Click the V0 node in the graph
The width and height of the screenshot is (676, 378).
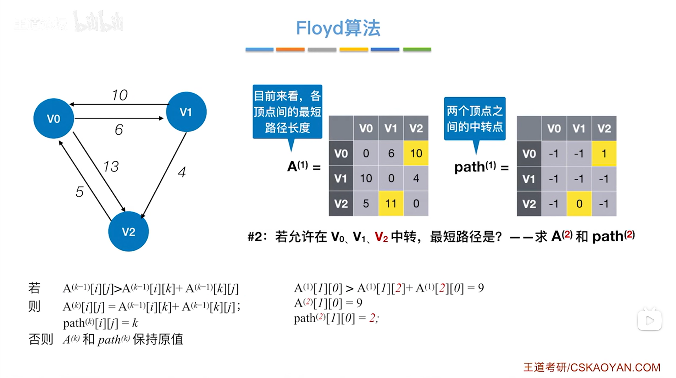[54, 119]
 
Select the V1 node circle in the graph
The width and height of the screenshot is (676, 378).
[186, 112]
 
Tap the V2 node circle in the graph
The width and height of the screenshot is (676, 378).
[128, 232]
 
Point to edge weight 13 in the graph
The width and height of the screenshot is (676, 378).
[111, 166]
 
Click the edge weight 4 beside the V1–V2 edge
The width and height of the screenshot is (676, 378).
[182, 172]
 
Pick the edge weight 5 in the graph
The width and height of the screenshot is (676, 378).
[79, 192]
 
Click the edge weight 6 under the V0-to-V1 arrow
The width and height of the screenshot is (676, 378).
[119, 130]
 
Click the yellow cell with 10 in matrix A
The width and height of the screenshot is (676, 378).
[416, 153]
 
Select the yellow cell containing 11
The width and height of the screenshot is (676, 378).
[391, 203]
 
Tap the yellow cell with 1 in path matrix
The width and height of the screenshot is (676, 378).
[604, 153]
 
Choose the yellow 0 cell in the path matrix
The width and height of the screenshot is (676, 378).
[579, 204]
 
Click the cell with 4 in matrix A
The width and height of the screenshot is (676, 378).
[416, 178]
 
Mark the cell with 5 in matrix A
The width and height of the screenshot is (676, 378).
[366, 203]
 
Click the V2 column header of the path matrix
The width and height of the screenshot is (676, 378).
[604, 128]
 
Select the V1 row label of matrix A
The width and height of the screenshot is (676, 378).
[341, 178]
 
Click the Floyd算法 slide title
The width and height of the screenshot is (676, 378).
[338, 28]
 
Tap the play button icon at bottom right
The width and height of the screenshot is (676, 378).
[649, 321]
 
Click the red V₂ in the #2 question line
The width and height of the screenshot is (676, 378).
[381, 237]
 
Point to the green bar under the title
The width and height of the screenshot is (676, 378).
[417, 49]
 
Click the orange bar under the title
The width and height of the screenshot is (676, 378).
[290, 49]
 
